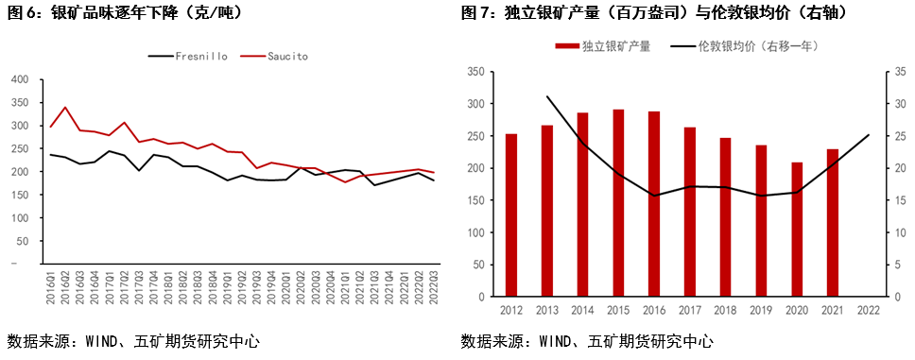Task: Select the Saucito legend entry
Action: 285,57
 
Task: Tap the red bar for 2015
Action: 618,203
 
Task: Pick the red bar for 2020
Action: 797,230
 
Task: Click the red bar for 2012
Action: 511,215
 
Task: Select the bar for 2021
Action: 833,223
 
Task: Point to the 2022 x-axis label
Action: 869,309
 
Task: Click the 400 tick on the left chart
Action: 18,79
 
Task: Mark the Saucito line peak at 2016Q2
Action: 65,107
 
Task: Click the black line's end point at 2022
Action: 869,135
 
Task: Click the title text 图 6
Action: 23,12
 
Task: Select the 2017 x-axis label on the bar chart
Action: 690,309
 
